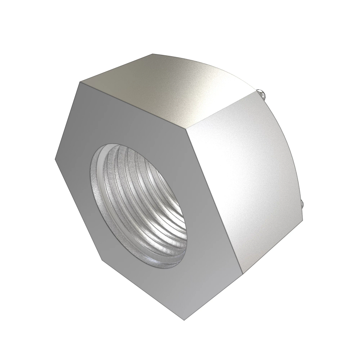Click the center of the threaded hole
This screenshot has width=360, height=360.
tap(141, 204)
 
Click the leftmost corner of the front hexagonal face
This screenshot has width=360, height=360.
tap(55, 159)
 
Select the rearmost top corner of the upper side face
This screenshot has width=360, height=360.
tap(152, 54)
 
